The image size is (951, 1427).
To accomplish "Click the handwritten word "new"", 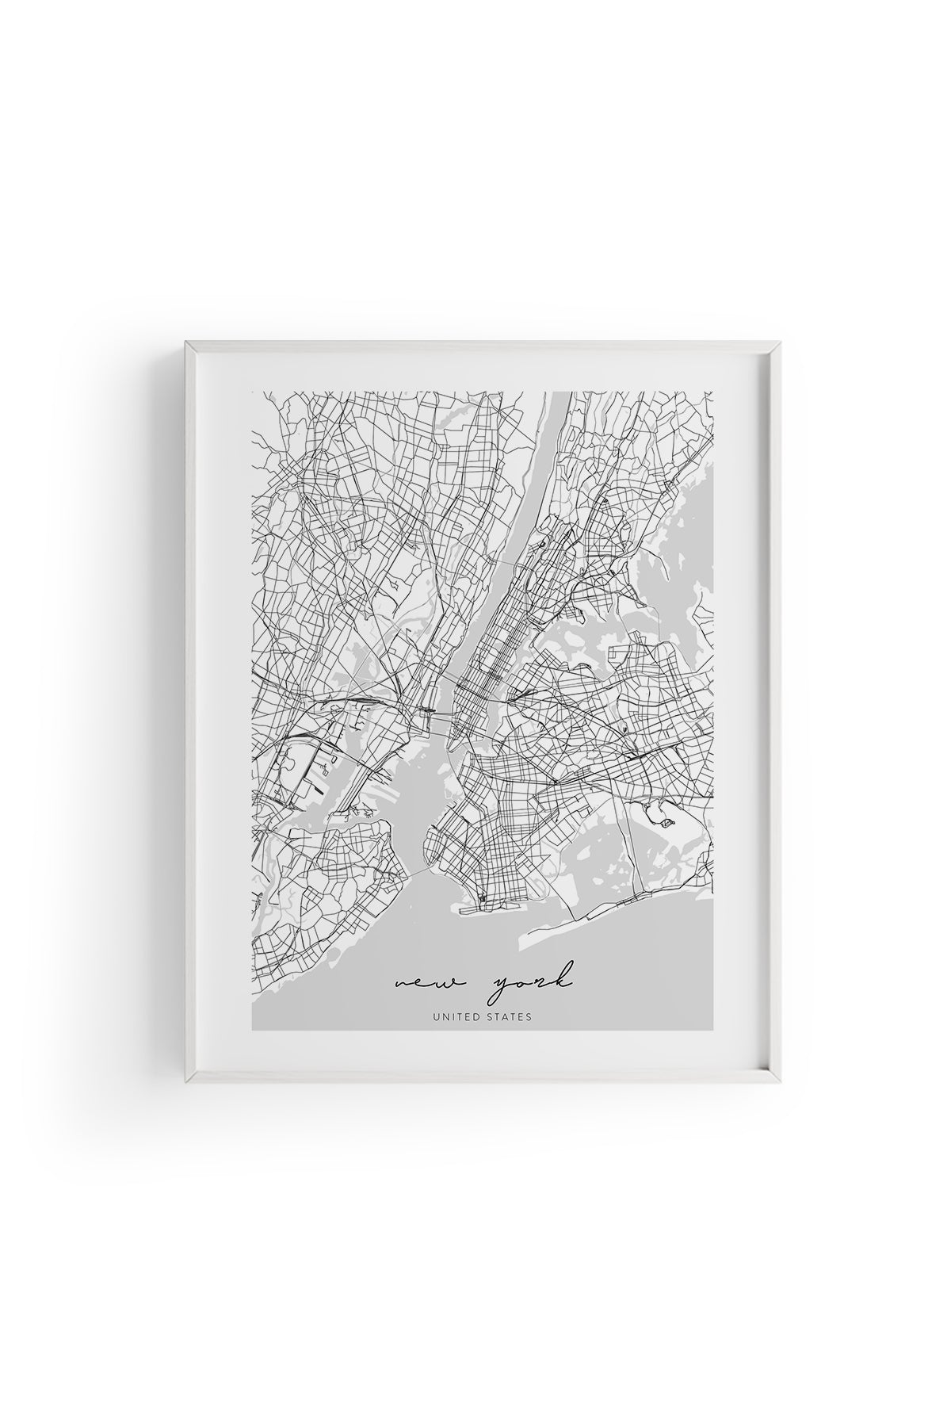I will [x=423, y=985].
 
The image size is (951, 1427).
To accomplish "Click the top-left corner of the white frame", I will [x=186, y=343].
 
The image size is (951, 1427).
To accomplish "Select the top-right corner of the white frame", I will [x=781, y=343].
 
